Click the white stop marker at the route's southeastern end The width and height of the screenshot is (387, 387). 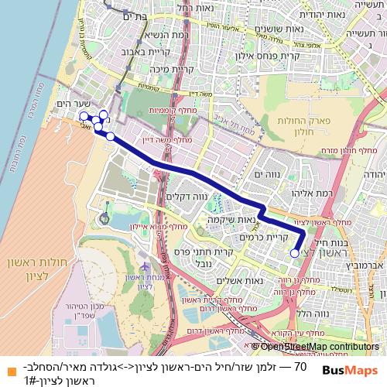295,252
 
